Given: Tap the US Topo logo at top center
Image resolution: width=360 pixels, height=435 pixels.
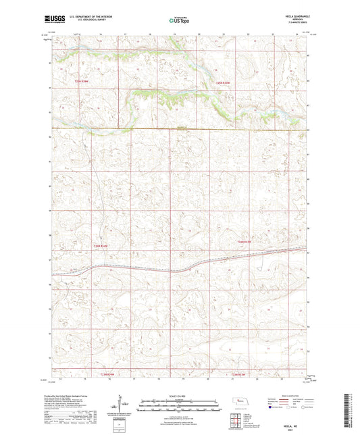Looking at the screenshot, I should (x=178, y=21).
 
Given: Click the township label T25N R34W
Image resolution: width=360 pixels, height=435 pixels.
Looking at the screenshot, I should (x=81, y=82).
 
